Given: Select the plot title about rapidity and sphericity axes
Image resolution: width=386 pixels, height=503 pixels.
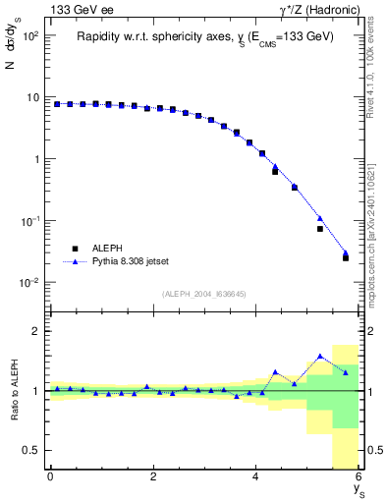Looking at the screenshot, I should click(x=206, y=36).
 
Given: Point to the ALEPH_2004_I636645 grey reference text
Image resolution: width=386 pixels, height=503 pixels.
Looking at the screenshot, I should click(x=204, y=293).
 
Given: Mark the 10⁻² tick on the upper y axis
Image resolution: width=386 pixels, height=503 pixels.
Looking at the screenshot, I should click(x=28, y=283).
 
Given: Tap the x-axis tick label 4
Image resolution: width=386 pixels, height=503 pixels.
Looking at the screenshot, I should click(x=255, y=476).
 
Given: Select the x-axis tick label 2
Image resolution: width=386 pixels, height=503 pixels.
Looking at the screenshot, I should click(x=153, y=476).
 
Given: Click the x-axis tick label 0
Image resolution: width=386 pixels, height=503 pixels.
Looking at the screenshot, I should click(x=50, y=476).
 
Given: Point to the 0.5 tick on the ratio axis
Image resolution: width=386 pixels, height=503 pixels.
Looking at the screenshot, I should click(x=28, y=450).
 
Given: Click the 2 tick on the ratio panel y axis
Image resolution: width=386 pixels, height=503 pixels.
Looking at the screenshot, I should click(x=35, y=331).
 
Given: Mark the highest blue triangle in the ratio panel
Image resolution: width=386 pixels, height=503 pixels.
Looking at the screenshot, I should click(x=320, y=356).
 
